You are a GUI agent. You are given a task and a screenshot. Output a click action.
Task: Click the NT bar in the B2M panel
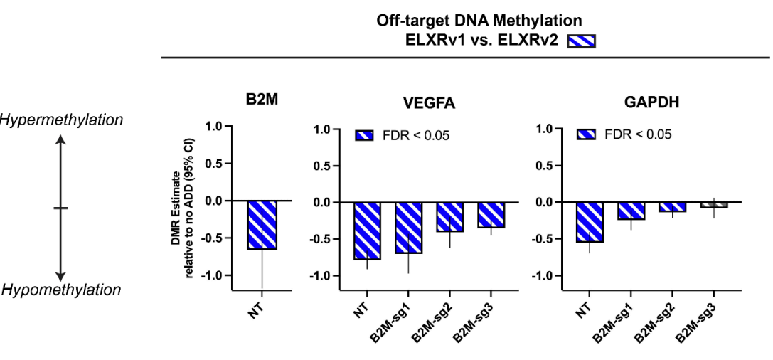coord(262,225)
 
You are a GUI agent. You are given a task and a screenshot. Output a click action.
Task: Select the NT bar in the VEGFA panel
coord(367,230)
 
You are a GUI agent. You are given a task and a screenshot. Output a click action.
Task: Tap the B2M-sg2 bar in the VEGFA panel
coord(449,217)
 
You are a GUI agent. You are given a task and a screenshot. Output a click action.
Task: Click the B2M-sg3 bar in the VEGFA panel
coord(491,215)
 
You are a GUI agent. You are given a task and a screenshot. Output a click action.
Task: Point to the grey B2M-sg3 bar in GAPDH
coord(713,205)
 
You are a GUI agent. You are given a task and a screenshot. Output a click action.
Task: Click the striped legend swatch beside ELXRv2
coord(580,41)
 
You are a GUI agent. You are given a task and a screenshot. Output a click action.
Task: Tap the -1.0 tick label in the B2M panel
coord(210,275)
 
